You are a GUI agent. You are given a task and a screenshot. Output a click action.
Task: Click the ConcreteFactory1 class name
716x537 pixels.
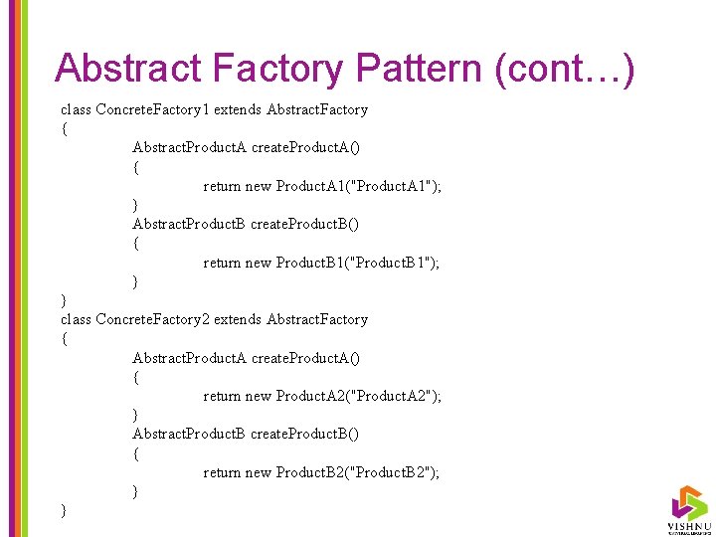(152, 109)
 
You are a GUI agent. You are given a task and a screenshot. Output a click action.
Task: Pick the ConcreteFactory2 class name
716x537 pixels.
(152, 319)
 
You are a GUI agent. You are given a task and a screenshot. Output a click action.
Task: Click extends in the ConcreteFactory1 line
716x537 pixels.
(239, 109)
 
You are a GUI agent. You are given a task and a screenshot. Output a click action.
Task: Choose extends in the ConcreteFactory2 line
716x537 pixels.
(239, 319)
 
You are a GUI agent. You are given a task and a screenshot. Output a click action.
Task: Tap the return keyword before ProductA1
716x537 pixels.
(222, 186)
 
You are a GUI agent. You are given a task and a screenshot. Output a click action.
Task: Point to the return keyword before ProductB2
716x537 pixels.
(222, 472)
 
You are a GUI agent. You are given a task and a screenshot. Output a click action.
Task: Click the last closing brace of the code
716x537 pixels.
(64, 510)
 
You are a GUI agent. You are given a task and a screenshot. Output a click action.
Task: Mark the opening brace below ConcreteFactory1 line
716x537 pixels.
(64, 128)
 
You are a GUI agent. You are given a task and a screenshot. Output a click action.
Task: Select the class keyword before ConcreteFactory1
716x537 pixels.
(76, 109)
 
